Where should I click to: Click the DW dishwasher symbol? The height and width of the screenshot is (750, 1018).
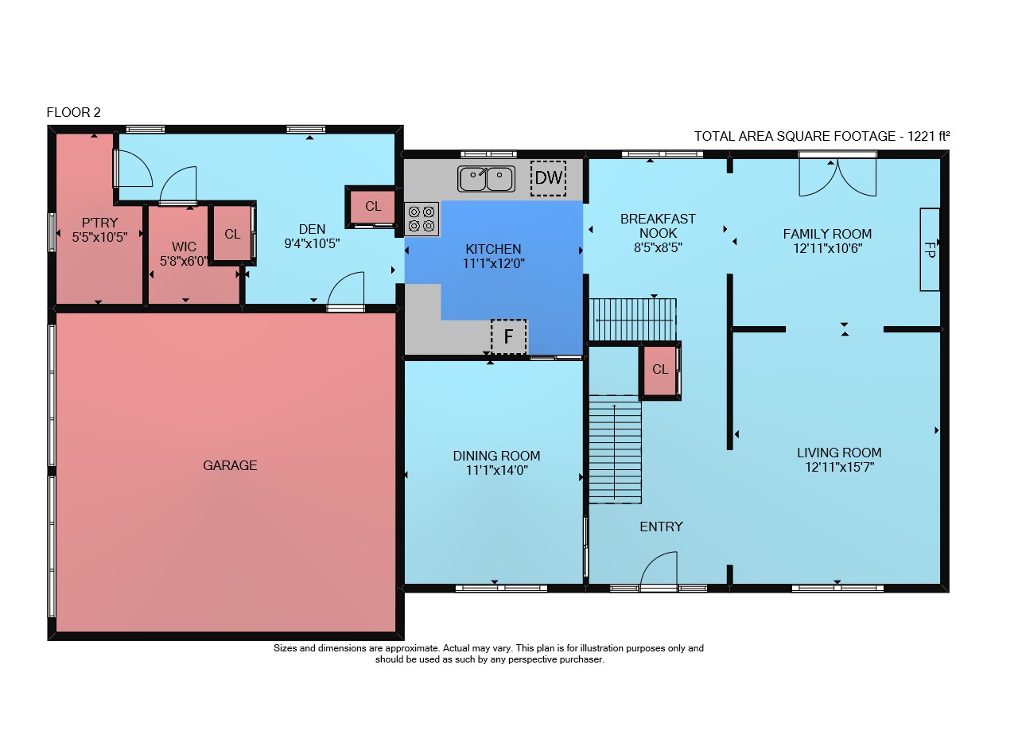coord(549,178)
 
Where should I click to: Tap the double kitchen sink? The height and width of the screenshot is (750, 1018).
coord(486,179)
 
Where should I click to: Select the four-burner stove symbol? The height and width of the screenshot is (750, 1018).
coord(422,219)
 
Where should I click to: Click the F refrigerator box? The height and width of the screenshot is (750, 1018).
coord(509,336)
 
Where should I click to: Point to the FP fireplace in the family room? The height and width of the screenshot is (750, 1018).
coord(930,250)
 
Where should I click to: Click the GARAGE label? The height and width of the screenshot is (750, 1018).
coord(230,465)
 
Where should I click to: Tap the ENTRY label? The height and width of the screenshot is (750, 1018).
coord(661,527)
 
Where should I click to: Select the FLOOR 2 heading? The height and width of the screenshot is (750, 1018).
coord(74,112)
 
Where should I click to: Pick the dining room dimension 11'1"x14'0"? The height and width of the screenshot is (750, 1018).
coord(497,470)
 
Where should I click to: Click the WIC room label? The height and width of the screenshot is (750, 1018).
coord(184,247)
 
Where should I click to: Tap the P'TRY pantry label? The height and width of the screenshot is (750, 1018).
coord(100,223)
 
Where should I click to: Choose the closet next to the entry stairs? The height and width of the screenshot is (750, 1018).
coord(660,369)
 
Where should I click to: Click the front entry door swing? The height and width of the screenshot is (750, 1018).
coord(659,570)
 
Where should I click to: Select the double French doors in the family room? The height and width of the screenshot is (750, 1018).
coord(837,177)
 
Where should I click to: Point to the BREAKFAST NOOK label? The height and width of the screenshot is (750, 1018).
coord(658,226)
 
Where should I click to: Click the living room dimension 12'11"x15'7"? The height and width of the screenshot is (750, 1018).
coord(839,468)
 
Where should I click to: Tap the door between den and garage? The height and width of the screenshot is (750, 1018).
coord(346,291)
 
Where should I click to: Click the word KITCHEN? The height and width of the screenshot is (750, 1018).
coord(493,249)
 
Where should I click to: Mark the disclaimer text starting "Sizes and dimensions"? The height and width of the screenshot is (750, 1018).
coord(488,654)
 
